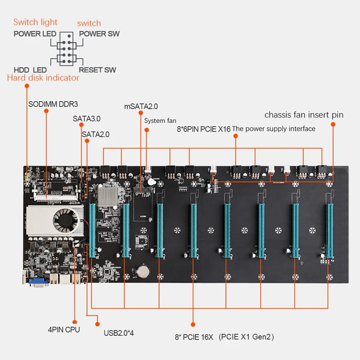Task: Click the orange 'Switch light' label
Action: click(36, 22)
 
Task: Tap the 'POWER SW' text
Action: click(99, 34)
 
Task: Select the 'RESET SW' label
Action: click(97, 70)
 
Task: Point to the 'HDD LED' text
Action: click(30, 70)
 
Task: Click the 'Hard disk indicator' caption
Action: click(43, 78)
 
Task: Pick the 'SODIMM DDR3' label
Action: click(53, 104)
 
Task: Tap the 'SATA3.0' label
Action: click(86, 119)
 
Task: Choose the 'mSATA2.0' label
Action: click(141, 106)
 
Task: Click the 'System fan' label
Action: click(160, 121)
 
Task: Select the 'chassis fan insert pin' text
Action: click(304, 115)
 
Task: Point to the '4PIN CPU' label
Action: click(64, 330)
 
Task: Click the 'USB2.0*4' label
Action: click(119, 333)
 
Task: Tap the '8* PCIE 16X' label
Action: click(194, 337)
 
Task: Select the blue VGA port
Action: click(39, 282)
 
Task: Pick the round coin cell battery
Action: click(144, 271)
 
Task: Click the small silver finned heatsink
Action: click(108, 197)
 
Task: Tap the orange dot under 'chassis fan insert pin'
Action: click(333, 125)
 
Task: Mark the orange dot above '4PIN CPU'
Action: click(75, 322)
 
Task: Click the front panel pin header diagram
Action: click(67, 49)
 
